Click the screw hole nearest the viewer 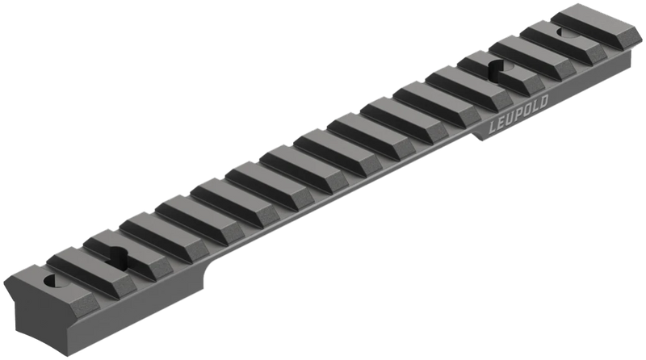click(50, 283)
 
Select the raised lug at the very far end click(594, 24)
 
